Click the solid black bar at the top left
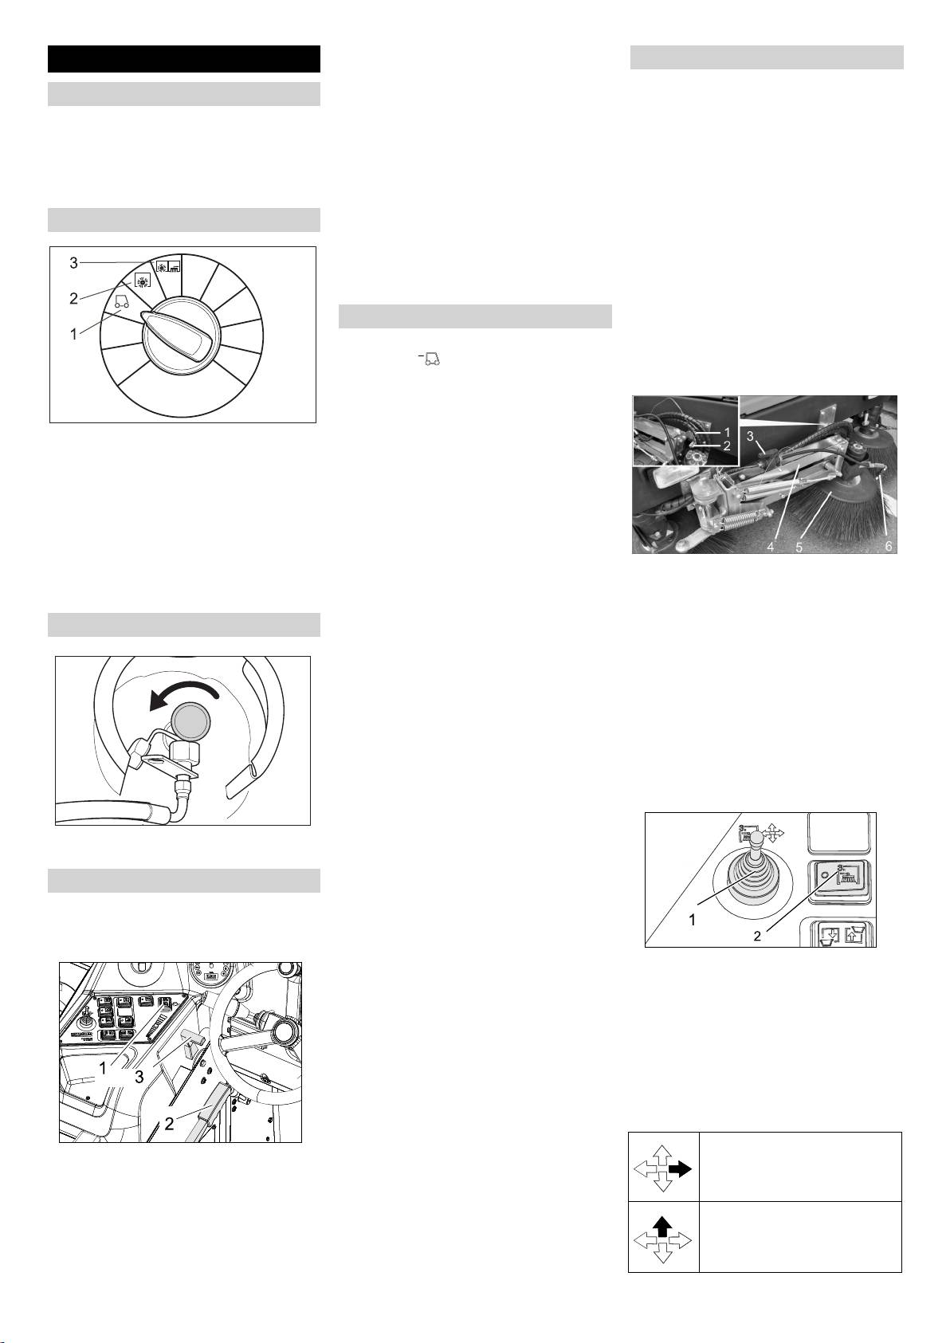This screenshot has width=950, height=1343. pyautogui.click(x=184, y=59)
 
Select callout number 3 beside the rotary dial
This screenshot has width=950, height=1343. pyautogui.click(x=74, y=262)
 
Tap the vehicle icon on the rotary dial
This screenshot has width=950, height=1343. pyautogui.click(x=121, y=300)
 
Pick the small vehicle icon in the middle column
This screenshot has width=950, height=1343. pyautogui.click(x=430, y=359)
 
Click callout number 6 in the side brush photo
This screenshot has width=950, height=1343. pyautogui.click(x=889, y=546)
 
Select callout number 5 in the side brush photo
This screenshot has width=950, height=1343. pyautogui.click(x=799, y=547)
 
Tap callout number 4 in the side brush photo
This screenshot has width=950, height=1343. pyautogui.click(x=770, y=547)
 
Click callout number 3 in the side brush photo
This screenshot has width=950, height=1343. pyautogui.click(x=750, y=437)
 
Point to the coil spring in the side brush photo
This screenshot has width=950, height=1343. pyautogui.click(x=745, y=516)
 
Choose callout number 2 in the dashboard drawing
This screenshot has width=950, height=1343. pyautogui.click(x=169, y=1124)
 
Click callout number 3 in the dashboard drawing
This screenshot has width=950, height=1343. pyautogui.click(x=139, y=1077)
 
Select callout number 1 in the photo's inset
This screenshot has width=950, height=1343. pyautogui.click(x=726, y=432)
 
